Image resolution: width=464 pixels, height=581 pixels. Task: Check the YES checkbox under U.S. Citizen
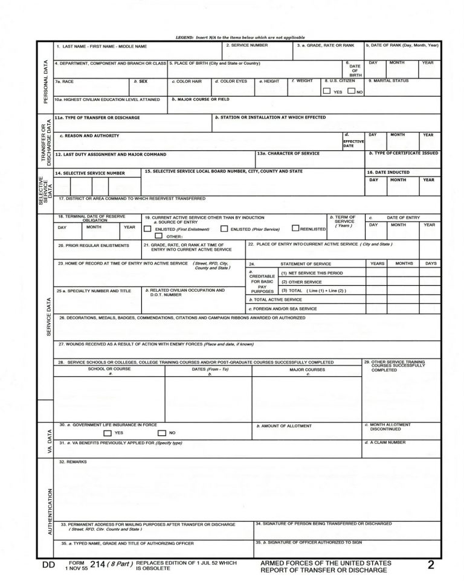[x=327, y=91]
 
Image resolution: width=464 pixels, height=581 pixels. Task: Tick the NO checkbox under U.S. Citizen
[x=351, y=91]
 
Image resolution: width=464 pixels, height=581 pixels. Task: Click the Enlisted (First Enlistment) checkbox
[x=147, y=230]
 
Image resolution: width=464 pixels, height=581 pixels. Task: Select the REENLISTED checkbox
[x=295, y=229]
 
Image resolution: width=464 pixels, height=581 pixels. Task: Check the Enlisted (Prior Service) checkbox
[x=224, y=230]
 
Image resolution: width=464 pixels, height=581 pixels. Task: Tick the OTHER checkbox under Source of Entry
[x=158, y=237]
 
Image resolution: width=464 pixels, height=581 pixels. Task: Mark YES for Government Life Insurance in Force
[x=107, y=433]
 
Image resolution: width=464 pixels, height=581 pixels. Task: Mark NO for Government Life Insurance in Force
[x=162, y=433]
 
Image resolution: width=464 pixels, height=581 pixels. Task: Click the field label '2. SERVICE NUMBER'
[x=247, y=46]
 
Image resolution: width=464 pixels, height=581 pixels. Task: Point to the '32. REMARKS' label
[x=73, y=462]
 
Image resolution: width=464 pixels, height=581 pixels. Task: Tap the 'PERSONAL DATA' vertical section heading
[x=46, y=82]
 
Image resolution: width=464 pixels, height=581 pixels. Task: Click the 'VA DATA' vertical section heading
[x=46, y=441]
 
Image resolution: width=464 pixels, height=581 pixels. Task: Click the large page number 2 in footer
[x=431, y=565]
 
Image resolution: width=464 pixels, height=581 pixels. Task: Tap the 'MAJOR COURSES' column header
[x=307, y=370]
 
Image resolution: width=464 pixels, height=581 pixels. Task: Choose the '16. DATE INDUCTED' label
[x=388, y=172]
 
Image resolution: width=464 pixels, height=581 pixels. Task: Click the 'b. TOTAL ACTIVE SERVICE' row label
[x=275, y=300]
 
